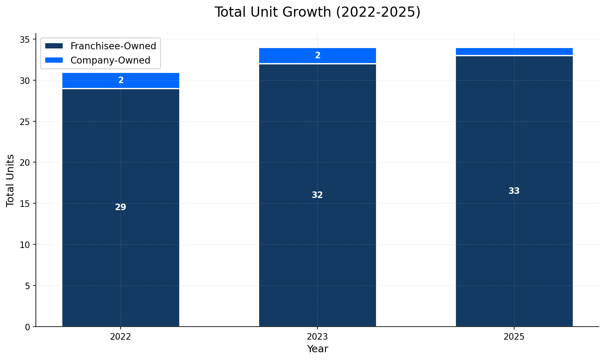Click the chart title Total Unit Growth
[317, 12]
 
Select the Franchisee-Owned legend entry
[113, 46]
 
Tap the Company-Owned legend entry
[110, 60]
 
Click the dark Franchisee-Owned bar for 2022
[121, 244]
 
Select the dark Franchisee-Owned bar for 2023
[317, 244]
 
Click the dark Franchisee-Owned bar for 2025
[514, 244]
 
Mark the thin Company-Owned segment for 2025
[514, 51]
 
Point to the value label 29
[121, 207]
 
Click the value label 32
[317, 195]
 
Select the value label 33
[514, 191]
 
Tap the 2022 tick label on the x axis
[121, 337]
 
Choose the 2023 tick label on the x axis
[317, 337]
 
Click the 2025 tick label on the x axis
[514, 337]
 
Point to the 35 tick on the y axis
[25, 40]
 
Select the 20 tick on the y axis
[25, 162]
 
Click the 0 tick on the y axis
[27, 327]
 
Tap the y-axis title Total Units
[11, 180]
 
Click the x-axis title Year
[317, 349]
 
